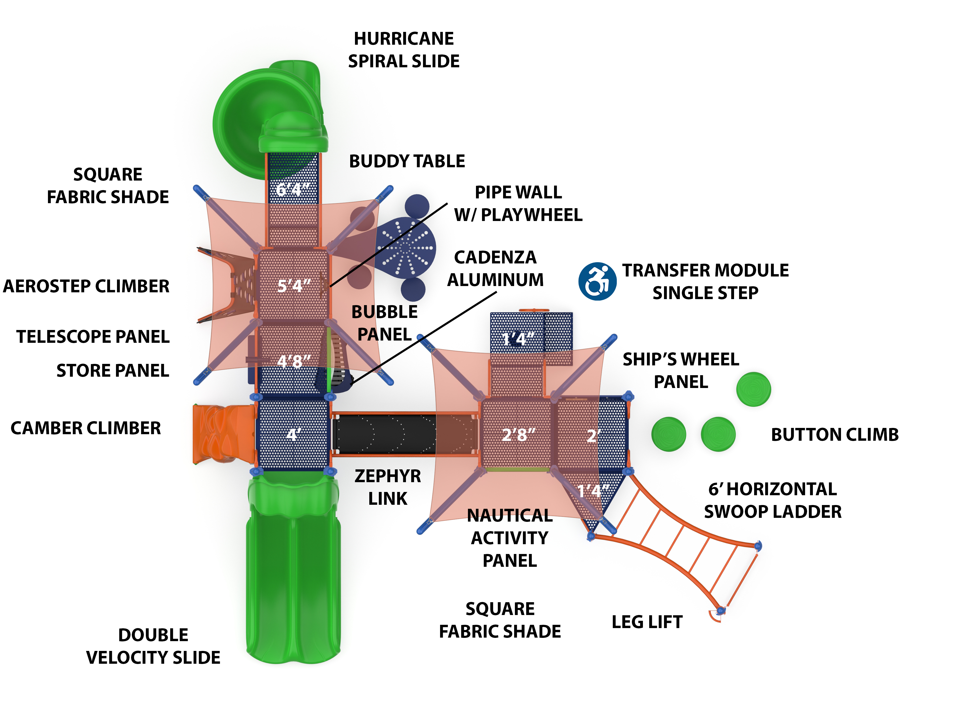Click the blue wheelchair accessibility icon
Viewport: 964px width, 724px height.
(x=597, y=281)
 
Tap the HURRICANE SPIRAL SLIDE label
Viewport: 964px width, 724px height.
(x=404, y=50)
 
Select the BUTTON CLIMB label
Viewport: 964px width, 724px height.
(x=834, y=434)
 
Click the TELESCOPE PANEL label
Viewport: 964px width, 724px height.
(x=93, y=337)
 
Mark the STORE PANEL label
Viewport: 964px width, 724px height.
(x=112, y=370)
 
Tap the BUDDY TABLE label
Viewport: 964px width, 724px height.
(x=407, y=161)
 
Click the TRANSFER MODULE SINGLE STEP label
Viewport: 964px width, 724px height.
(x=705, y=281)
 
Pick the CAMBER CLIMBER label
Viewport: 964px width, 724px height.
(x=86, y=428)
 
